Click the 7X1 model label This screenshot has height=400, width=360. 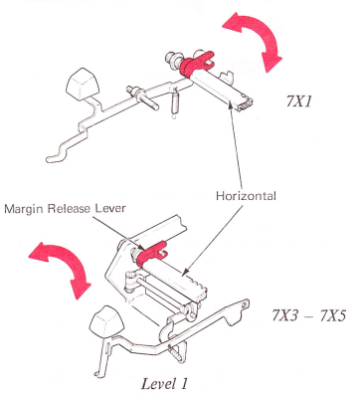(x=299, y=101)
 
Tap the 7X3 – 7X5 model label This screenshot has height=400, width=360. (x=308, y=315)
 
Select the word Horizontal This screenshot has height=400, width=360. (x=246, y=196)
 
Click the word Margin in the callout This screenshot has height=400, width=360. (x=25, y=209)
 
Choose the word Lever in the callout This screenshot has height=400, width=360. (x=110, y=208)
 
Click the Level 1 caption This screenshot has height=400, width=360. (x=164, y=384)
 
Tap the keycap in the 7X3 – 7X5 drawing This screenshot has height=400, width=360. (x=105, y=323)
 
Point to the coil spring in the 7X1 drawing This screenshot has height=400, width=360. (x=174, y=102)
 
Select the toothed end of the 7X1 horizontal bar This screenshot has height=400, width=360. (x=246, y=102)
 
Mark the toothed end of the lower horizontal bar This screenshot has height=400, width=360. (x=201, y=291)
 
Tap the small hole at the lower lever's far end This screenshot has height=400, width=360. (x=245, y=303)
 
